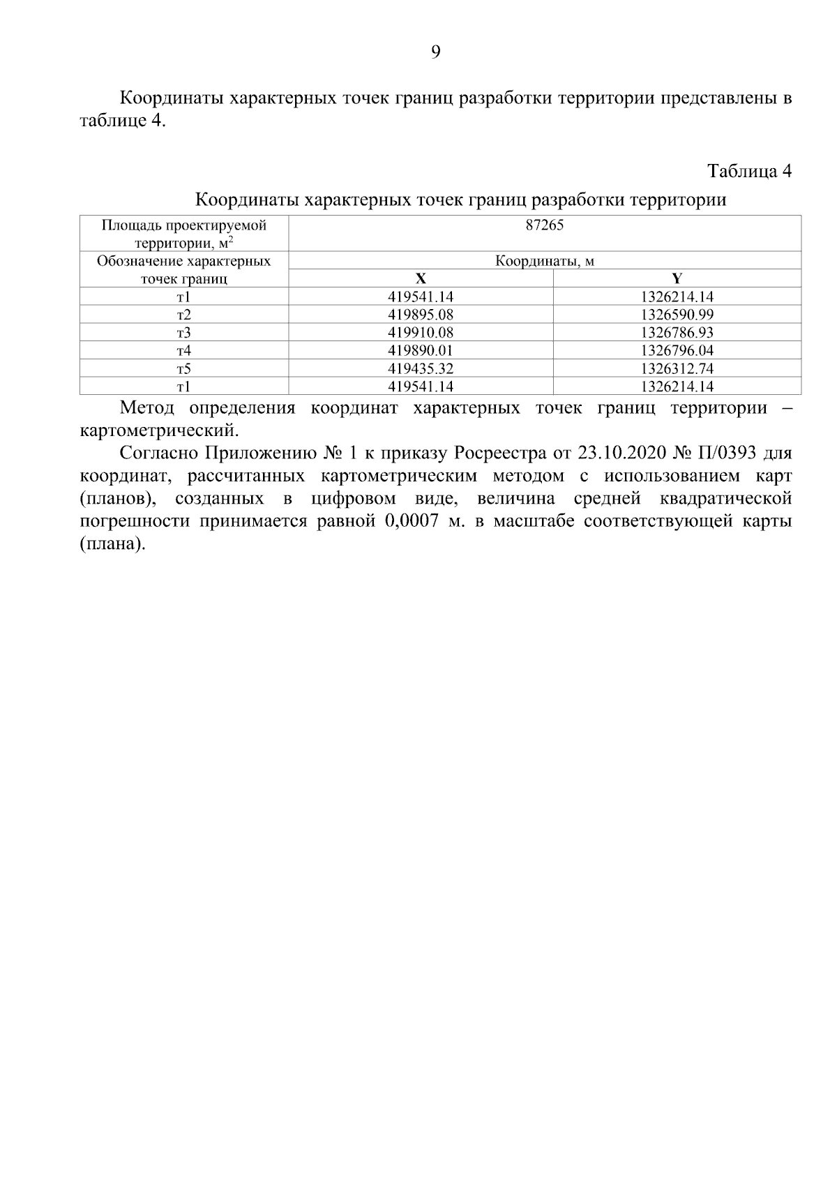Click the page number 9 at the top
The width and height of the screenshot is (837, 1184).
436,52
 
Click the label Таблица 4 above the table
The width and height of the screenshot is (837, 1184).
749,171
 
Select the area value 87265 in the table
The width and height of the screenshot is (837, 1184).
544,225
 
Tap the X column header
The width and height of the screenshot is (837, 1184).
421,278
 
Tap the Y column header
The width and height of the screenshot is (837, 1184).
677,278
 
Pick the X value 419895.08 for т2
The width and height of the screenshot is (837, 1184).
421,315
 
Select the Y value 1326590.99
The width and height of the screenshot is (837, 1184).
677,315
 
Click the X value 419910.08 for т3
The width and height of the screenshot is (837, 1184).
421,333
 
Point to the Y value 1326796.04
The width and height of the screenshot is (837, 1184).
677,350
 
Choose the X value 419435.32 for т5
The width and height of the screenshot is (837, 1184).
421,368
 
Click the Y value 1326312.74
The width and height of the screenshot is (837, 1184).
677,368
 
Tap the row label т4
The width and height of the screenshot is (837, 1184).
183,350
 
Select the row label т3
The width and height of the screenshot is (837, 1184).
183,333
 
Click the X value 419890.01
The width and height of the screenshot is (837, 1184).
421,350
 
